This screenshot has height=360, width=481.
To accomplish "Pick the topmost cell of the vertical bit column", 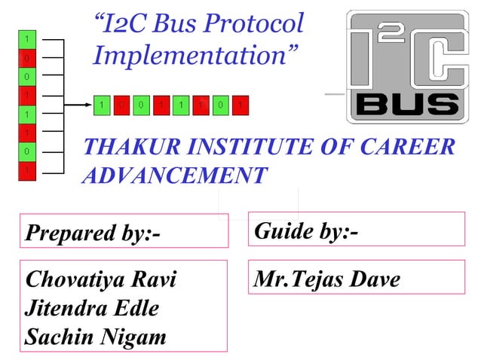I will [27, 38].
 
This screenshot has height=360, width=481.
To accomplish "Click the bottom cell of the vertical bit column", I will [27, 171].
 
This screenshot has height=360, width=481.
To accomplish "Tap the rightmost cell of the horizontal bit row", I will [238, 105].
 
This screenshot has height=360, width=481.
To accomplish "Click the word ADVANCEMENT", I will [173, 175].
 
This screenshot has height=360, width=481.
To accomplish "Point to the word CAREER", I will [414, 147].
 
